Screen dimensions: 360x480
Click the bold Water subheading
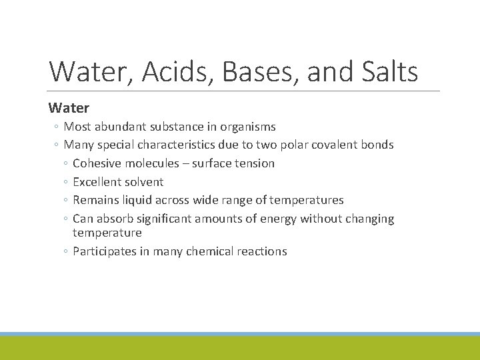(69, 107)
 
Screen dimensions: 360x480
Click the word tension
(255, 163)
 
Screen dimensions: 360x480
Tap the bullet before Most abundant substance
(56, 127)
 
